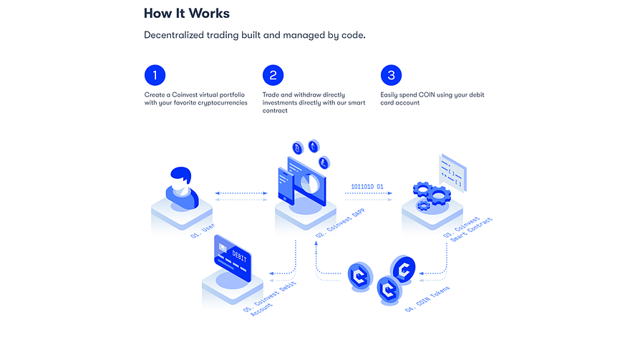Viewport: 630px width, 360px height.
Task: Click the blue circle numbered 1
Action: click(155, 75)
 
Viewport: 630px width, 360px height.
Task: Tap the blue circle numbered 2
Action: click(273, 75)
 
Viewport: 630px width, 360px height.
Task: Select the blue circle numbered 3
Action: click(391, 75)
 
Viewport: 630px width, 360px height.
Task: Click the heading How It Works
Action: click(187, 14)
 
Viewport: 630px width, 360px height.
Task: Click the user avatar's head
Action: click(181, 177)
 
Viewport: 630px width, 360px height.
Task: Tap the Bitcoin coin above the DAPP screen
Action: click(298, 148)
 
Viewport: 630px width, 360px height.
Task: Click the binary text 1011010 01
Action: click(367, 186)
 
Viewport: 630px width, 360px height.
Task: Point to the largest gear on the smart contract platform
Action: click(438, 195)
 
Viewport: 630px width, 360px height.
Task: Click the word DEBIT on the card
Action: click(239, 256)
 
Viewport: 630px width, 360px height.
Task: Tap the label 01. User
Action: click(203, 230)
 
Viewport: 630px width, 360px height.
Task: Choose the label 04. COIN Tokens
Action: click(427, 299)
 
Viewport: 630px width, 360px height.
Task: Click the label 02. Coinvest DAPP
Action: click(340, 223)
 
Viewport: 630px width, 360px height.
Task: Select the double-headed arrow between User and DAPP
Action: click(241, 193)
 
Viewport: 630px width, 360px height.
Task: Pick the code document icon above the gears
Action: click(452, 172)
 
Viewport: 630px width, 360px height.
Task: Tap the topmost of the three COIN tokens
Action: click(403, 269)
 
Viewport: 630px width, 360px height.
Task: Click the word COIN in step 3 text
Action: click(427, 94)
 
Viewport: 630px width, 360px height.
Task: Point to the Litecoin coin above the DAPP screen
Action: click(324, 162)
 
